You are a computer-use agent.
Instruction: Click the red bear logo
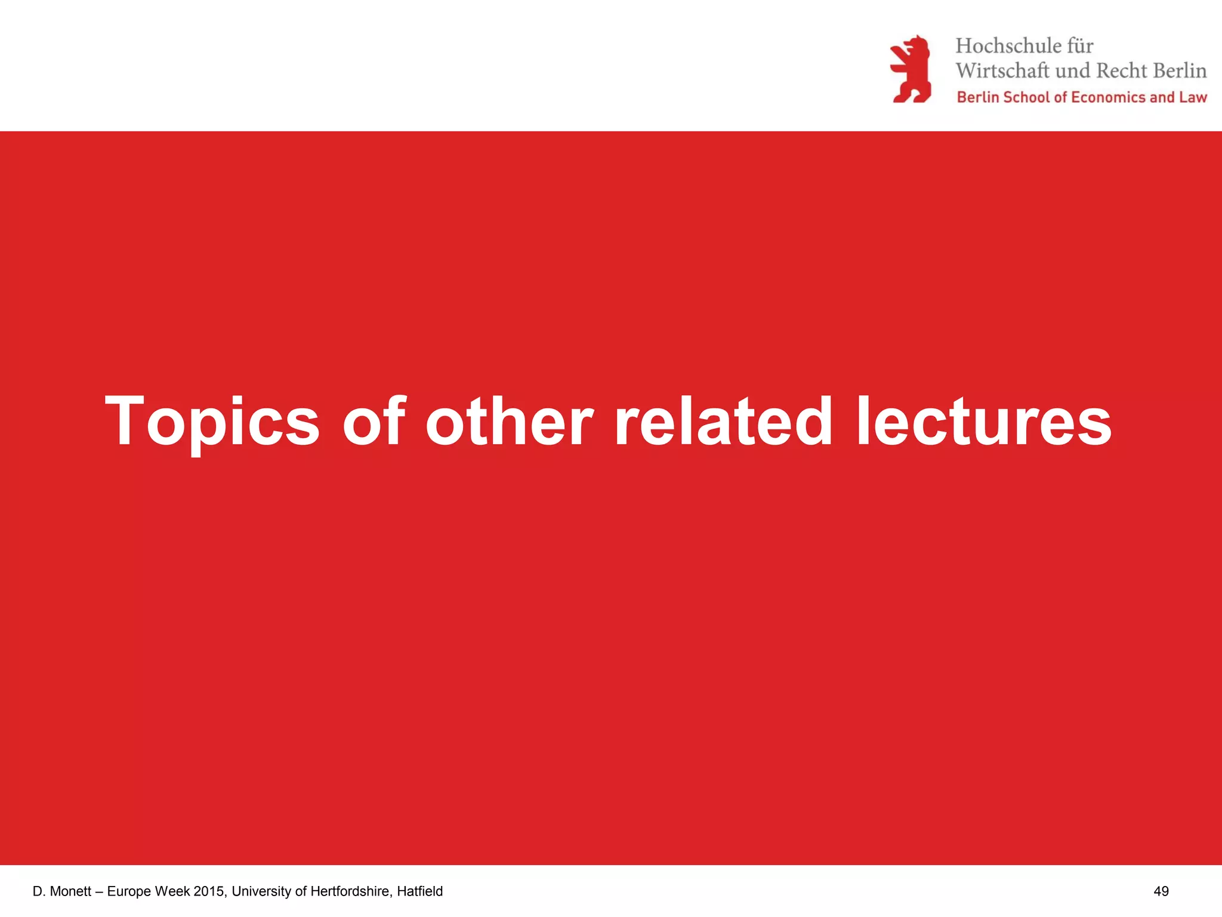[911, 69]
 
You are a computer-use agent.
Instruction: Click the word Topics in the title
[212, 421]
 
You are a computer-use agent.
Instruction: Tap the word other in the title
[509, 421]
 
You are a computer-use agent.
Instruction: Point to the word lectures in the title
[984, 421]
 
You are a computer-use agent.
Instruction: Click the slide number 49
[1161, 891]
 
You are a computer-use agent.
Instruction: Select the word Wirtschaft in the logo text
[1002, 70]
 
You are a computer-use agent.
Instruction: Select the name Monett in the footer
[70, 891]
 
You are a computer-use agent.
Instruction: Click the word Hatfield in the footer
[419, 891]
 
